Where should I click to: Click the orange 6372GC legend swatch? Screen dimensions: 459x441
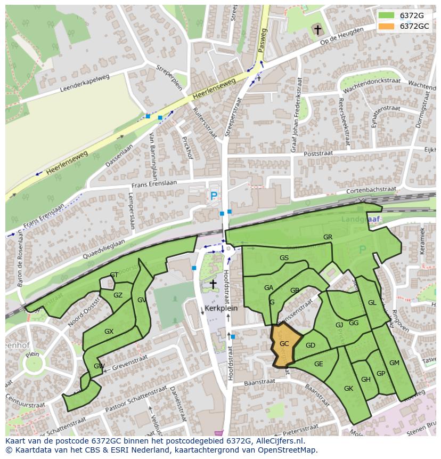click(x=387, y=26)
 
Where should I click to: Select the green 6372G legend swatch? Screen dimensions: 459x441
click(x=387, y=15)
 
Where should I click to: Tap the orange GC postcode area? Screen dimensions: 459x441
click(x=284, y=344)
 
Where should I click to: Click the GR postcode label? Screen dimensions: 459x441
click(x=328, y=237)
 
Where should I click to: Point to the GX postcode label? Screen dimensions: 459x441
click(x=109, y=332)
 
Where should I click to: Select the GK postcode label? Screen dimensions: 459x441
click(x=348, y=389)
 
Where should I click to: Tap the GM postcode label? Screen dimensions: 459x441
click(x=394, y=363)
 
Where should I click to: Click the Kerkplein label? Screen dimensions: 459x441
click(x=220, y=309)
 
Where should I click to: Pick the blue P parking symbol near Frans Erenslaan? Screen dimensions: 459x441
click(x=214, y=196)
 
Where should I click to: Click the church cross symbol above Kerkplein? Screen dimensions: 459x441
click(x=213, y=284)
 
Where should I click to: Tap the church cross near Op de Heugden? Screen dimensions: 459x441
click(x=318, y=30)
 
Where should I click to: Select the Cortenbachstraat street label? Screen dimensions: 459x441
click(x=371, y=189)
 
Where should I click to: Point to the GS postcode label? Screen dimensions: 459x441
click(x=284, y=258)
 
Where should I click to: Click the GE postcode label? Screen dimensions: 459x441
click(x=318, y=364)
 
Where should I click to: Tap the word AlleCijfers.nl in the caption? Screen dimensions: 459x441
click(x=278, y=441)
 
